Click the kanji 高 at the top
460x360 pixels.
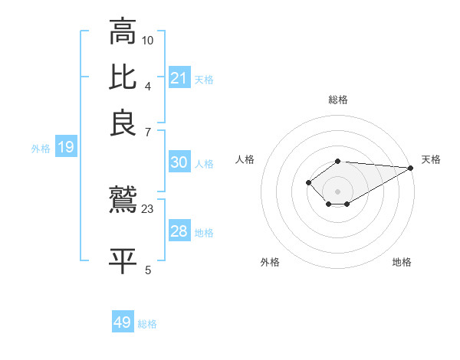coord(122,33)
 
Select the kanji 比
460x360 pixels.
coord(122,77)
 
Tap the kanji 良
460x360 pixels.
coord(122,123)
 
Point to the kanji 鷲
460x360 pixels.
coord(122,201)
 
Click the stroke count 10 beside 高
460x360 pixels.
coord(148,40)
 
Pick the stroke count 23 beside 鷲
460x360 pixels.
coord(148,208)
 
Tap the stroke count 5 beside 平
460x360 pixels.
coord(148,269)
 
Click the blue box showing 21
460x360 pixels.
coord(179,77)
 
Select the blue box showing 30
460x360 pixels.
coord(179,162)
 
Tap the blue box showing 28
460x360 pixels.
coord(179,231)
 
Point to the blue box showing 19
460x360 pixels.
coord(66,147)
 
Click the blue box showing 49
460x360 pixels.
coord(123,322)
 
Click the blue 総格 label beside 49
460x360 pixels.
coord(148,324)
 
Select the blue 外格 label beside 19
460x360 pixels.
coord(41,149)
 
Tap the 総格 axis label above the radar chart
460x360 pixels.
coord(338,100)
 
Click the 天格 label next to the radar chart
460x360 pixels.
coord(432,159)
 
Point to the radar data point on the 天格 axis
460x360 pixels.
coord(411,168)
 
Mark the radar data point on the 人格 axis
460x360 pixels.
coord(308,182)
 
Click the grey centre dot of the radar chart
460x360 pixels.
coord(338,191)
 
